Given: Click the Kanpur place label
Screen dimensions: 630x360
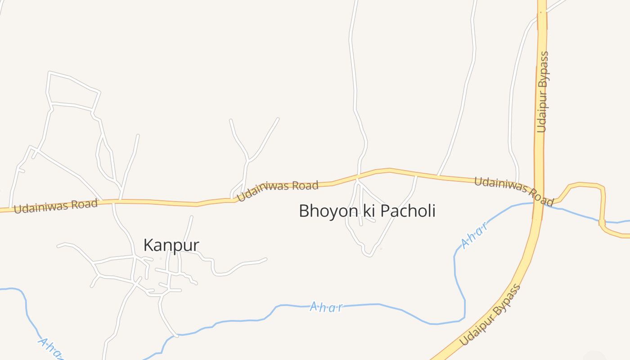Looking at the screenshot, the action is (171, 245).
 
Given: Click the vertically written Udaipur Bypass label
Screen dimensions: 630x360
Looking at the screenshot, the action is (543, 92).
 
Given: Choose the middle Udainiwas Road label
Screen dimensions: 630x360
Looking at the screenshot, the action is (278, 190).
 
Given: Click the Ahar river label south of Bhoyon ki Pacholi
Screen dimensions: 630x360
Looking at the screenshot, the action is (326, 307).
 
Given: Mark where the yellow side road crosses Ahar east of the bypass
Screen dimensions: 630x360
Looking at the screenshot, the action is (602, 221).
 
